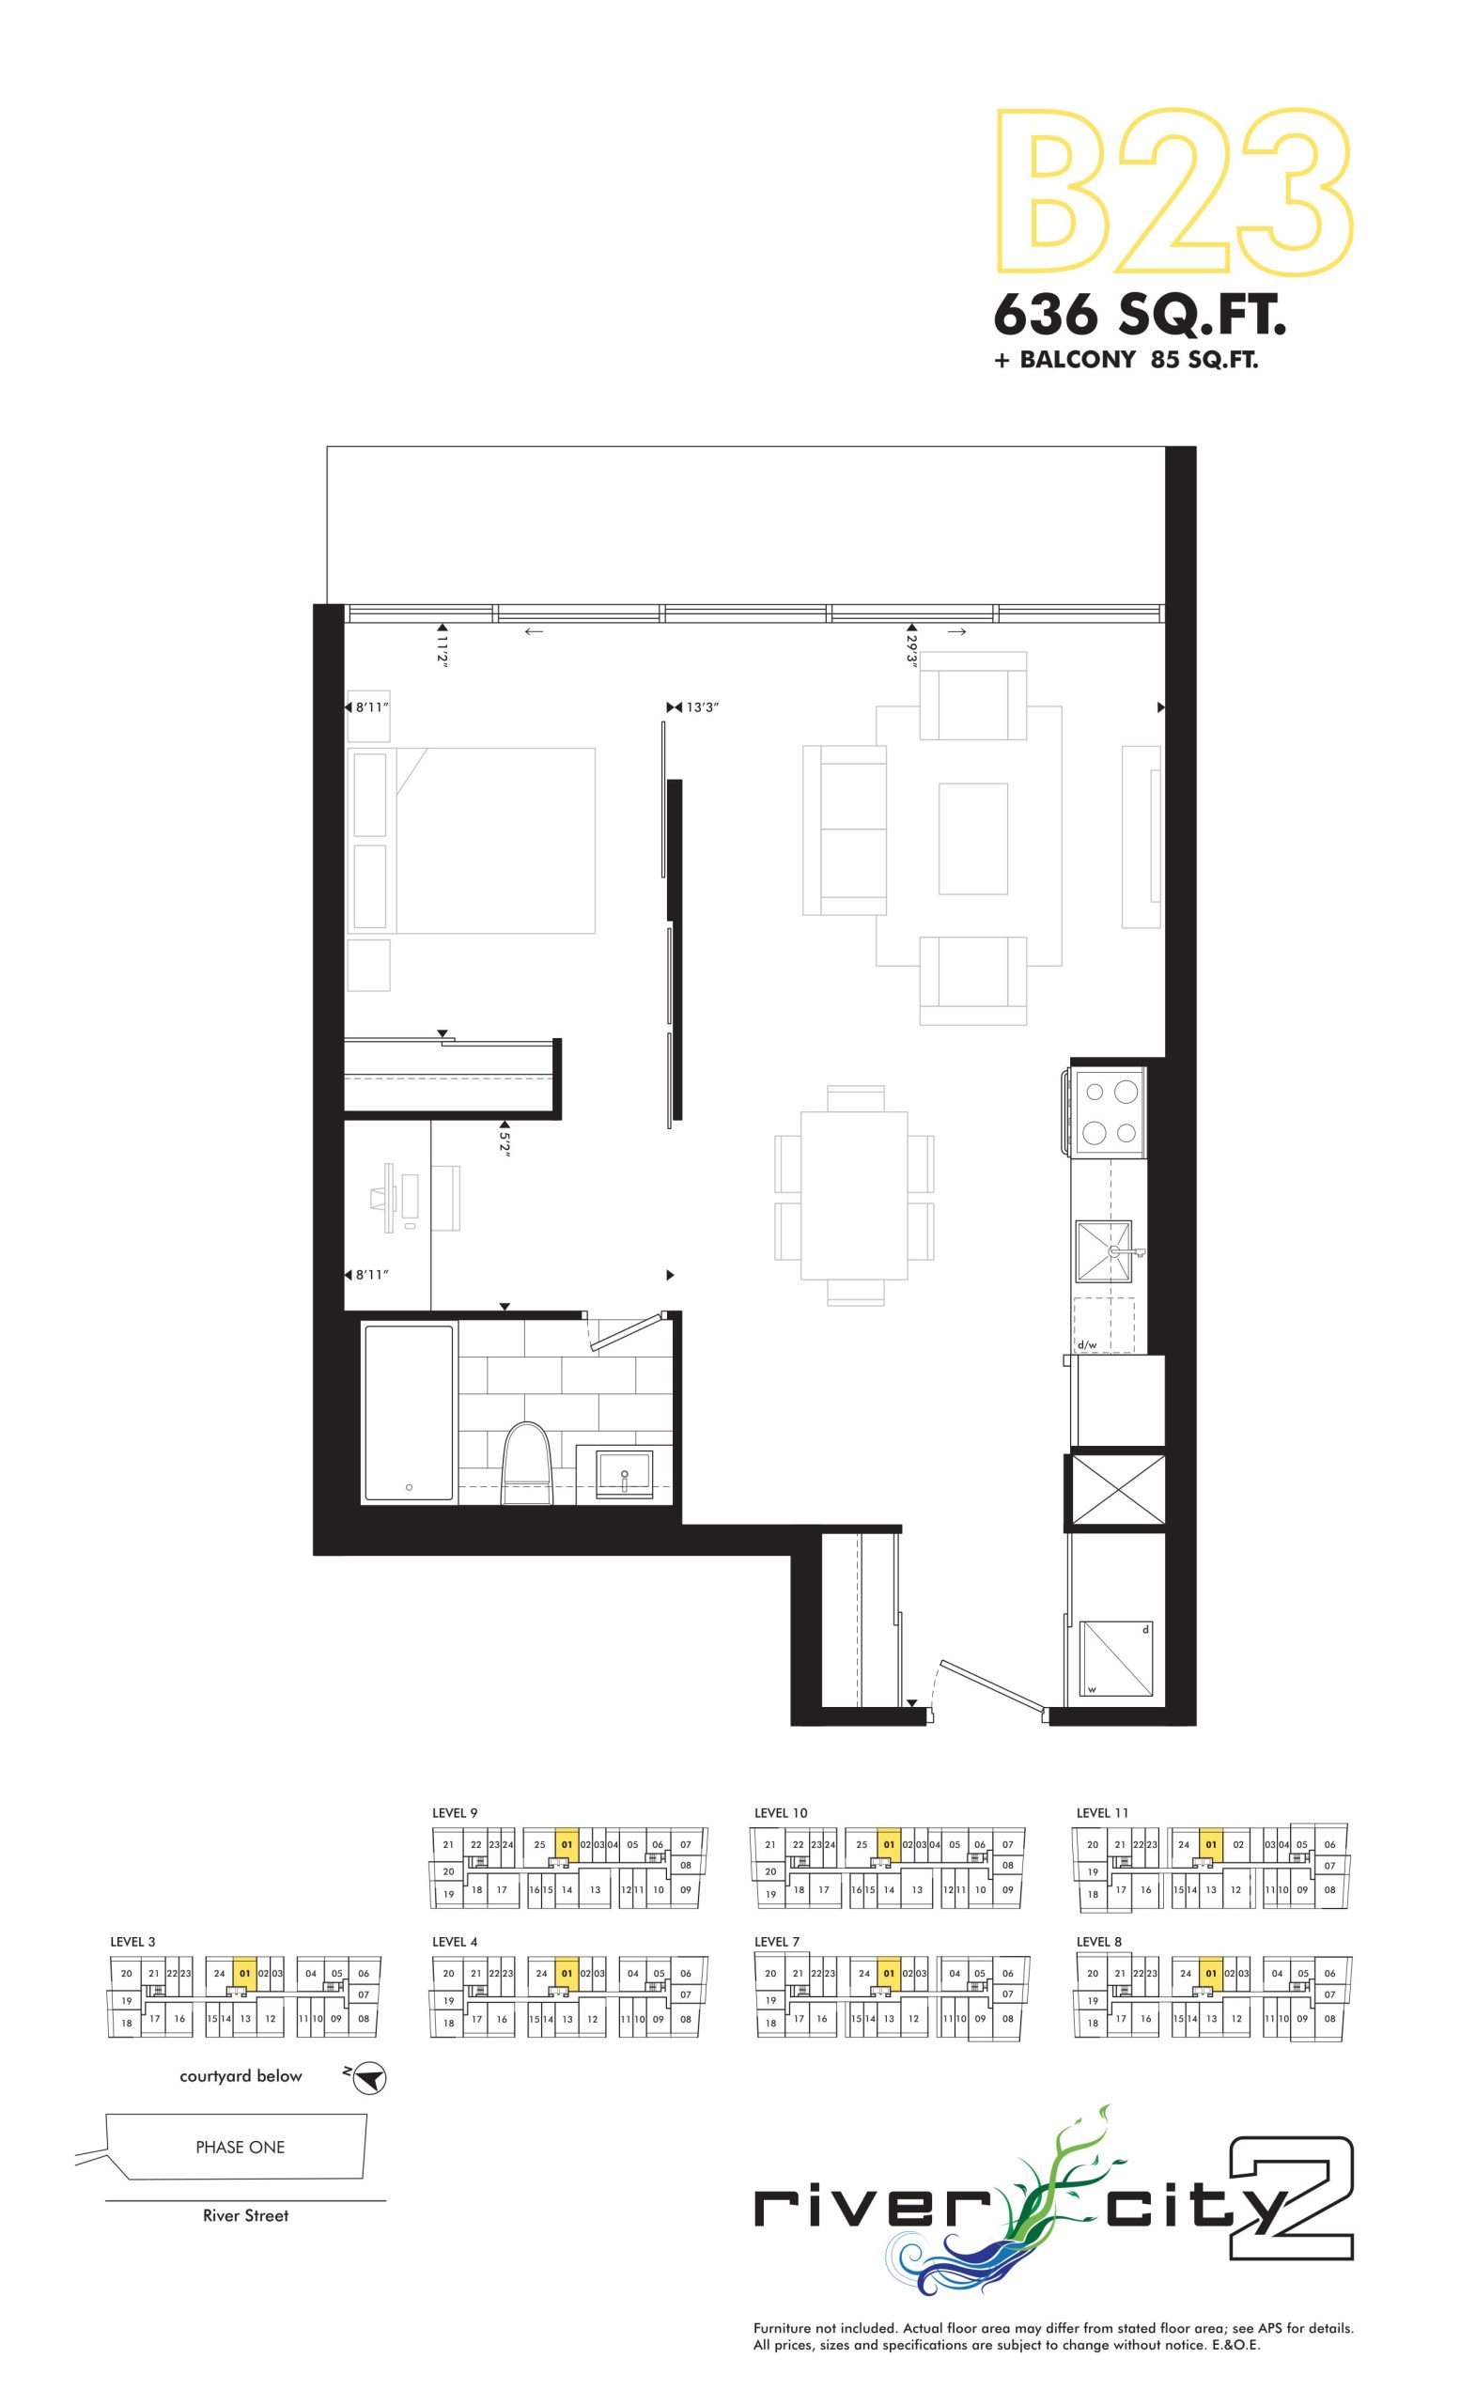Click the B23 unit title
click(x=1172, y=192)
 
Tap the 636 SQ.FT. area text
click(x=1139, y=316)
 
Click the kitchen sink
click(x=1104, y=1250)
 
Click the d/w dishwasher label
click(x=1087, y=1344)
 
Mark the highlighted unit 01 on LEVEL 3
click(x=244, y=1974)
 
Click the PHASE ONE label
click(x=241, y=2147)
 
